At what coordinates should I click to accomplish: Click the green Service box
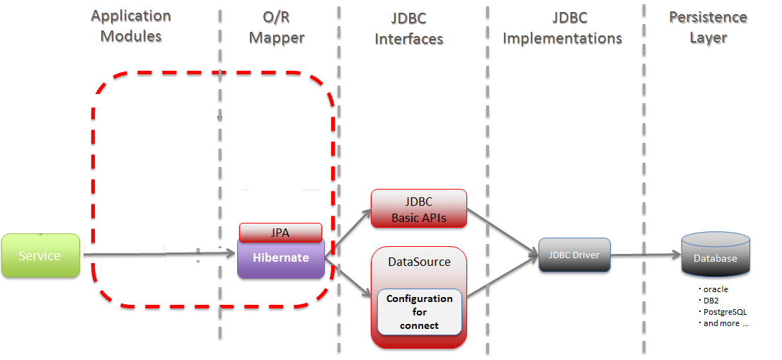(40, 255)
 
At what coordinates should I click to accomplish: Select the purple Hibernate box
(280, 258)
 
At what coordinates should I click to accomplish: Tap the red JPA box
(280, 232)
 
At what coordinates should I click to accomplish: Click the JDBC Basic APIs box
(419, 209)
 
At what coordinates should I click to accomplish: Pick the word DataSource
(419, 262)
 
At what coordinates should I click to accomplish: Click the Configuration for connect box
(419, 312)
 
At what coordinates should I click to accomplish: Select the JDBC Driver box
(574, 255)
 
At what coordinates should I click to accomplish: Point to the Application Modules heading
(131, 26)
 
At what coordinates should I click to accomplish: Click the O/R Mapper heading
(278, 26)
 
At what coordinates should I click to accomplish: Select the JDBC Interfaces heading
(408, 29)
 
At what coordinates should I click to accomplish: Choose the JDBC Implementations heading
(562, 29)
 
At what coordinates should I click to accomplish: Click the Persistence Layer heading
(708, 27)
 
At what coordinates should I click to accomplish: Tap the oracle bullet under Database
(715, 289)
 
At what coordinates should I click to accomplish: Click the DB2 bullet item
(711, 301)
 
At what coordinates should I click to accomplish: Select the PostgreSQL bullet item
(723, 312)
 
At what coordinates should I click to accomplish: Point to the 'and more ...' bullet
(724, 323)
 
